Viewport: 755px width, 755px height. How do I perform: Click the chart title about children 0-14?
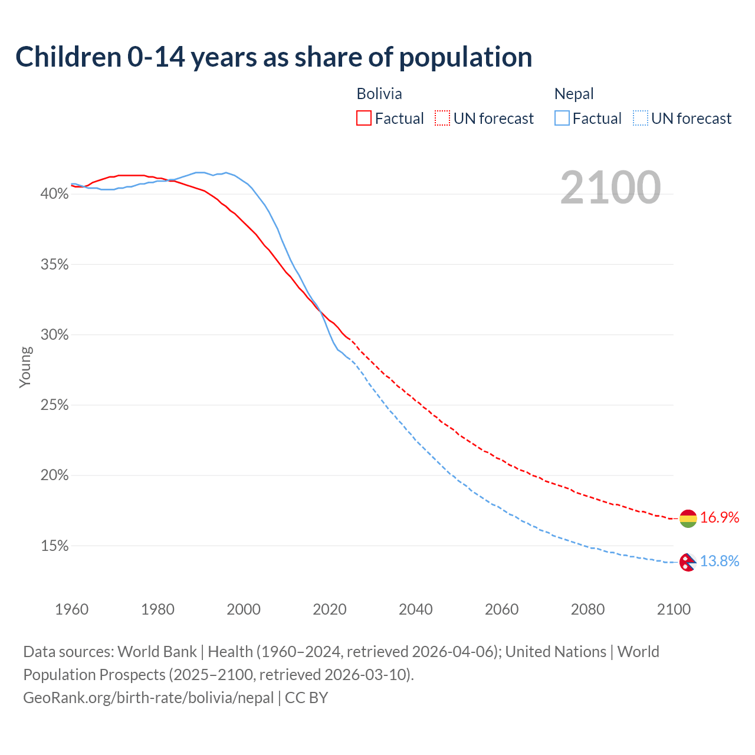click(274, 57)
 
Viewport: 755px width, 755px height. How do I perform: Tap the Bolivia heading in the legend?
click(379, 94)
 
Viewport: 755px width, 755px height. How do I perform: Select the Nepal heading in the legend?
click(574, 94)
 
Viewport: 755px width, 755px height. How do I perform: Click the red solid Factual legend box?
click(364, 119)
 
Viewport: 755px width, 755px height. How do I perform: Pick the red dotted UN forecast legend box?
click(442, 119)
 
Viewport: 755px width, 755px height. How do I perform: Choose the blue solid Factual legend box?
click(562, 119)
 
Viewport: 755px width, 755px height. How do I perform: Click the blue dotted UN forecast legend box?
click(640, 119)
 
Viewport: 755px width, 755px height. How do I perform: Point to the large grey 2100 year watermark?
click(610, 188)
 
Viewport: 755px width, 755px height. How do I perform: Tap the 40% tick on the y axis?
click(54, 194)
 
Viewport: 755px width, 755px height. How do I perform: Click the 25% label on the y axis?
click(54, 405)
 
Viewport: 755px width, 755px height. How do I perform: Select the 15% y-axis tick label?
click(54, 546)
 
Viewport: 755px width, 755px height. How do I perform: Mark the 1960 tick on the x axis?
click(71, 609)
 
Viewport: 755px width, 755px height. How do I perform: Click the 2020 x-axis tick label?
click(330, 609)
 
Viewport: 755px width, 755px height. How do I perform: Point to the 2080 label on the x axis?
click(587, 609)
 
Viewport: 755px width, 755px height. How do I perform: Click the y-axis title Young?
click(25, 367)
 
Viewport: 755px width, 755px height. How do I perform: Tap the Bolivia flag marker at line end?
click(688, 518)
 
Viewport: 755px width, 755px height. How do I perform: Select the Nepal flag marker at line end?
click(688, 562)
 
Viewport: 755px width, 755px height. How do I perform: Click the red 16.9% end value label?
click(720, 518)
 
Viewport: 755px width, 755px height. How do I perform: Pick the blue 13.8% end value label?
click(720, 562)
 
